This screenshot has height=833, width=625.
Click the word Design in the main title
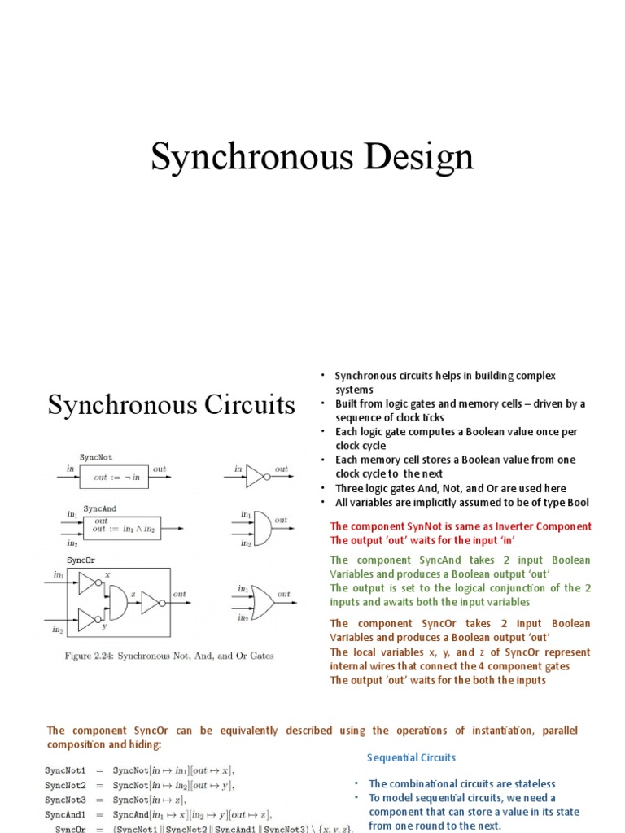[x=418, y=158]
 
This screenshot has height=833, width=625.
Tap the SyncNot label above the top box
[x=95, y=458]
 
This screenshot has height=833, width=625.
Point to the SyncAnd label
[x=99, y=508]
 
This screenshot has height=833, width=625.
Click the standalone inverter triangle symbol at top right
[x=256, y=475]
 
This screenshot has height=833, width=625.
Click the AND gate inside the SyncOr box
[x=116, y=602]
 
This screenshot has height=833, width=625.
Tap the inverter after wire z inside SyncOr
[x=152, y=602]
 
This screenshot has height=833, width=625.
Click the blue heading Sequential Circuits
[x=411, y=757]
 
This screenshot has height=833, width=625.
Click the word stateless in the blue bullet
[x=532, y=783]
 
